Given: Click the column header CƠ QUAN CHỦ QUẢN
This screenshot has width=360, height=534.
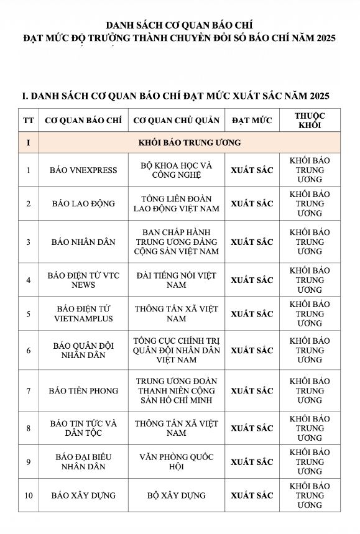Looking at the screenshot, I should pyautogui.click(x=177, y=120).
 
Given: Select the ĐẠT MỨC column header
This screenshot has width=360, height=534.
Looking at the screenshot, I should pyautogui.click(x=252, y=120).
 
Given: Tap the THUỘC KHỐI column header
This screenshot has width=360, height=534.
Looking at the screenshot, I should pyautogui.click(x=310, y=120).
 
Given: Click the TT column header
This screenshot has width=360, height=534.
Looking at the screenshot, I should pyautogui.click(x=28, y=120).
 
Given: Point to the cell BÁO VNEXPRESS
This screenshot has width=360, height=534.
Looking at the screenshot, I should pyautogui.click(x=83, y=170).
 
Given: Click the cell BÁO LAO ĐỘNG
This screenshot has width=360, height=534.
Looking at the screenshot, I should pyautogui.click(x=83, y=203).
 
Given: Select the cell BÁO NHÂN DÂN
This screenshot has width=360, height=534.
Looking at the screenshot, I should pyautogui.click(x=83, y=242).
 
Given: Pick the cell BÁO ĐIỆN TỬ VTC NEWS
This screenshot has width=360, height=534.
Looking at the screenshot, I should pyautogui.click(x=83, y=280).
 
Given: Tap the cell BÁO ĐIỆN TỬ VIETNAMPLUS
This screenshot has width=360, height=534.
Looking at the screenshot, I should pyautogui.click(x=83, y=313).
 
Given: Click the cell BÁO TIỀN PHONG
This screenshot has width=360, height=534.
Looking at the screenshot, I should pyautogui.click(x=83, y=390).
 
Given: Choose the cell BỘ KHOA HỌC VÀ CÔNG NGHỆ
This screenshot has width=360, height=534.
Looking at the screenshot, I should pyautogui.click(x=177, y=170).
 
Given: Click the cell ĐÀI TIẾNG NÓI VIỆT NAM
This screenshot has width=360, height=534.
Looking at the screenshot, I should pyautogui.click(x=177, y=280).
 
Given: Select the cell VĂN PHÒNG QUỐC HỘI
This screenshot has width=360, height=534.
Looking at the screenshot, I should pyautogui.click(x=177, y=462).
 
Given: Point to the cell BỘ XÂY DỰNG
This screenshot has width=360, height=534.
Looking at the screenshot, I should pyautogui.click(x=177, y=495).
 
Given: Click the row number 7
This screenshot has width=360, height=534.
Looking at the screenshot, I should pyautogui.click(x=28, y=390).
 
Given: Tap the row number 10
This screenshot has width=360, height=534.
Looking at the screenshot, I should pyautogui.click(x=28, y=495).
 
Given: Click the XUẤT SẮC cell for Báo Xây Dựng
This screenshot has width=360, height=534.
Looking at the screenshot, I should pyautogui.click(x=252, y=495).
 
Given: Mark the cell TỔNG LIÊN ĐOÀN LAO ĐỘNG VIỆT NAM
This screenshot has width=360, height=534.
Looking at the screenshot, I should pyautogui.click(x=177, y=203).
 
